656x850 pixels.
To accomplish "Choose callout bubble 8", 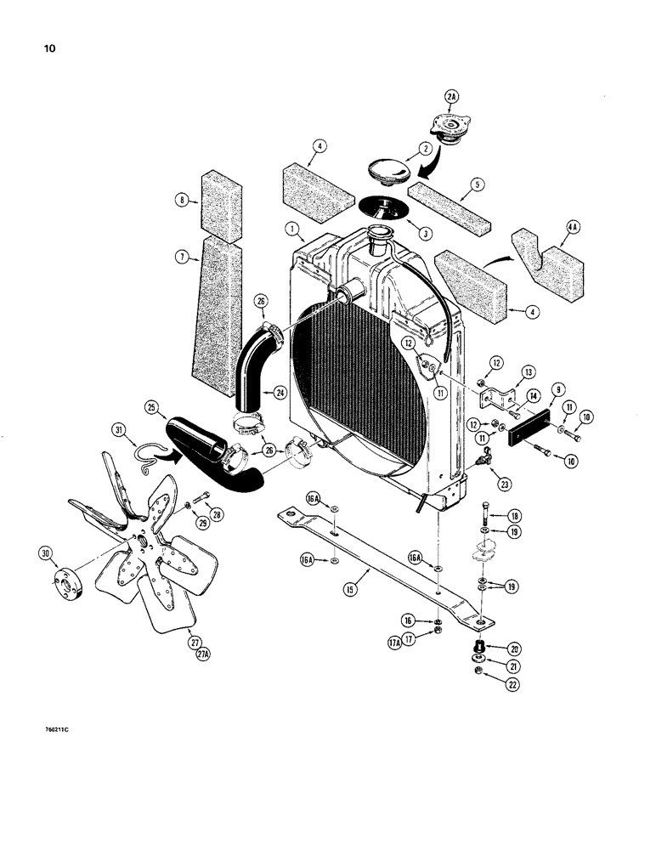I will pos(182,201).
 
